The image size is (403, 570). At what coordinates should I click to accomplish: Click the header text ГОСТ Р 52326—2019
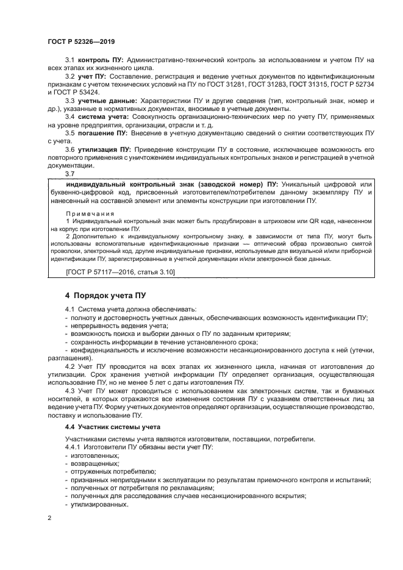pyautogui.click(x=81, y=41)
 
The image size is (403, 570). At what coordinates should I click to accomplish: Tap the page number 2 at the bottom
pyautogui.click(x=49, y=518)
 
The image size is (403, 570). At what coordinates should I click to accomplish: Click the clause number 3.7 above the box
pyautogui.click(x=70, y=174)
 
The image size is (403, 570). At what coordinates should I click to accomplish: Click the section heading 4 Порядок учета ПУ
pyautogui.click(x=105, y=296)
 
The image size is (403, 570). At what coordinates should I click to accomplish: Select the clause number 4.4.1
pyautogui.click(x=74, y=447)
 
